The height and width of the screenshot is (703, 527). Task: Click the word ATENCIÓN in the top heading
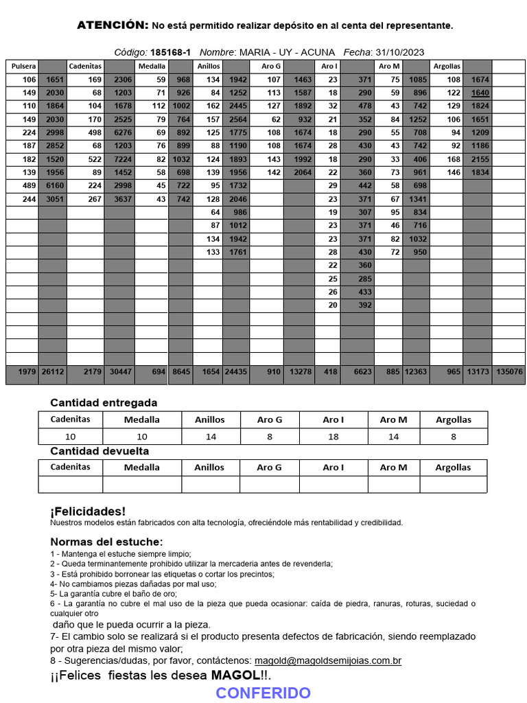pos(112,25)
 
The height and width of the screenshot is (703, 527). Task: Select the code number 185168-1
pos(171,52)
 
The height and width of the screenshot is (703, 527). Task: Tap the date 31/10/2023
pos(400,52)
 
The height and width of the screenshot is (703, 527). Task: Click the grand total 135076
pos(508,371)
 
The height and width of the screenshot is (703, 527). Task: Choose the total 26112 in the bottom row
pos(52,371)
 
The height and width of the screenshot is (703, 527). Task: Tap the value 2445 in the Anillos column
pos(237,106)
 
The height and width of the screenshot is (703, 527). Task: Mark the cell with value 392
pos(364,306)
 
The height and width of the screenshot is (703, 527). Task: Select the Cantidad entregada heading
pos(104,403)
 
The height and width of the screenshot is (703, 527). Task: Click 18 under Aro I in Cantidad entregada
pos(333,437)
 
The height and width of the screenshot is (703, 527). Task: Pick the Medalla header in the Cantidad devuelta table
pos(142,468)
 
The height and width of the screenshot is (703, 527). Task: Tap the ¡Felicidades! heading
pos(88,511)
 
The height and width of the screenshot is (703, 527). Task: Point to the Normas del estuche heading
pos(106,542)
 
